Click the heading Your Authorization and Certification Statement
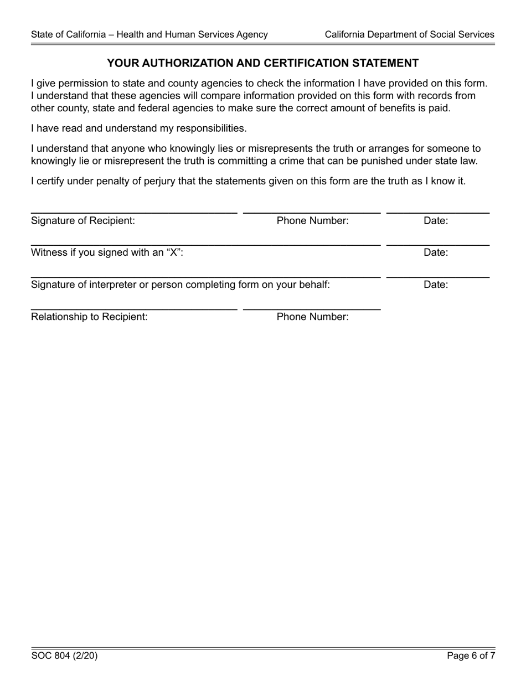pyautogui.click(x=262, y=63)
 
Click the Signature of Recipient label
pyautogui.click(x=83, y=220)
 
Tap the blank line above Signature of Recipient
pyautogui.click(x=133, y=212)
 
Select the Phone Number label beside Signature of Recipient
pyautogui.click(x=312, y=220)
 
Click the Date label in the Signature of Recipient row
pyautogui.click(x=436, y=220)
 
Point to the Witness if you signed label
pyautogui.click(x=107, y=252)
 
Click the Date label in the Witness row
pyautogui.click(x=436, y=252)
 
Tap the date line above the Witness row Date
pyautogui.click(x=437, y=244)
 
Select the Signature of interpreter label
pyautogui.click(x=181, y=285)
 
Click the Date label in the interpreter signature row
pyautogui.click(x=436, y=285)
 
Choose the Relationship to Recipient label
pyautogui.click(x=89, y=317)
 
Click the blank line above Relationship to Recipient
pyautogui.click(x=133, y=308)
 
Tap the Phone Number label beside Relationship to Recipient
pyautogui.click(x=312, y=317)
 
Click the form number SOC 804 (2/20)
pyautogui.click(x=64, y=656)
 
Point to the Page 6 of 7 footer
pyautogui.click(x=471, y=656)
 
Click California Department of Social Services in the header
pyautogui.click(x=409, y=34)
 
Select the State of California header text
pyautogui.click(x=149, y=34)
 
